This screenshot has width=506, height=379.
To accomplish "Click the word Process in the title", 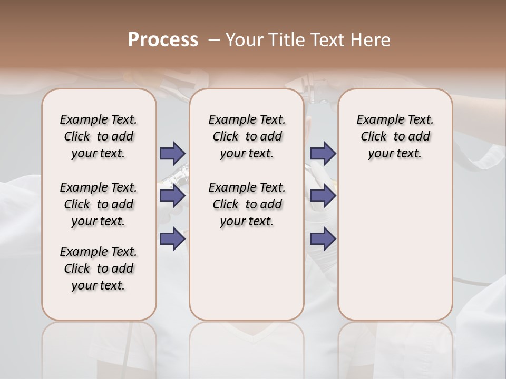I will tap(163, 40).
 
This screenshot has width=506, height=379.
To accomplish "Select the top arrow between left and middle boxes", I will tap(172, 153).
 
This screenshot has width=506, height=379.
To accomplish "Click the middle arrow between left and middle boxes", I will tap(172, 196).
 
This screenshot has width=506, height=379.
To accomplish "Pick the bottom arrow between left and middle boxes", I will tap(172, 239).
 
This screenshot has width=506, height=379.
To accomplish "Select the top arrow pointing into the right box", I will tap(323, 153).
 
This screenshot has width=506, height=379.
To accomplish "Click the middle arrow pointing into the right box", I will tap(323, 196).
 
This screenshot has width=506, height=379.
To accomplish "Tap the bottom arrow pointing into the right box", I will tap(323, 239).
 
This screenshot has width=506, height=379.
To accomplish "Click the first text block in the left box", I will tap(99, 136).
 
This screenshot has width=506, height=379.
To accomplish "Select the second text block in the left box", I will tap(99, 204).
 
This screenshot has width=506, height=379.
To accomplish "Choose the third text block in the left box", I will tap(99, 268).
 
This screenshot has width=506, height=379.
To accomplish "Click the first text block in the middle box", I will tap(247, 136).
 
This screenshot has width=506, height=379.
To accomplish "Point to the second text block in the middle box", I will tap(247, 204).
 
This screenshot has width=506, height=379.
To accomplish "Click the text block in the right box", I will tap(395, 136).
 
